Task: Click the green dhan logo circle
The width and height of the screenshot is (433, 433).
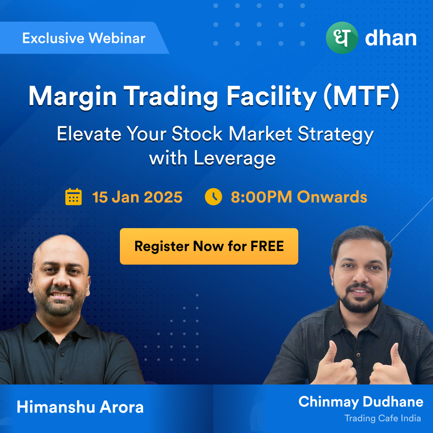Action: pyautogui.click(x=342, y=38)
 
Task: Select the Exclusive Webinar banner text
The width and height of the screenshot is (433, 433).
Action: pyautogui.click(x=84, y=38)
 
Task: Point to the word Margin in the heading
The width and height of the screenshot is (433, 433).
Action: pyautogui.click(x=73, y=97)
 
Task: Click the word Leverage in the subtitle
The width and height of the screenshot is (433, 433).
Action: pyautogui.click(x=235, y=158)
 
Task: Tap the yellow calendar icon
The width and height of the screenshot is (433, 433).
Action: pyautogui.click(x=73, y=196)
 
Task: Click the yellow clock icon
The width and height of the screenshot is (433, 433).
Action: pyautogui.click(x=213, y=196)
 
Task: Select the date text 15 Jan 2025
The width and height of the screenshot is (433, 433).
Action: pyautogui.click(x=137, y=197)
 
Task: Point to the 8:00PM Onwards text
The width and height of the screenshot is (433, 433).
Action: pyautogui.click(x=299, y=197)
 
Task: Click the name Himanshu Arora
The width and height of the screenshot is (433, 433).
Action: pyautogui.click(x=80, y=407)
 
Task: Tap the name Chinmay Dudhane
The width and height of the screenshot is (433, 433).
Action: pyautogui.click(x=361, y=401)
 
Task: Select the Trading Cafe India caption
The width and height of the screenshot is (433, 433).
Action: pyautogui.click(x=382, y=418)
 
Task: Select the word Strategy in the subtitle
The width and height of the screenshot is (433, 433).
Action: pyautogui.click(x=336, y=134)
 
